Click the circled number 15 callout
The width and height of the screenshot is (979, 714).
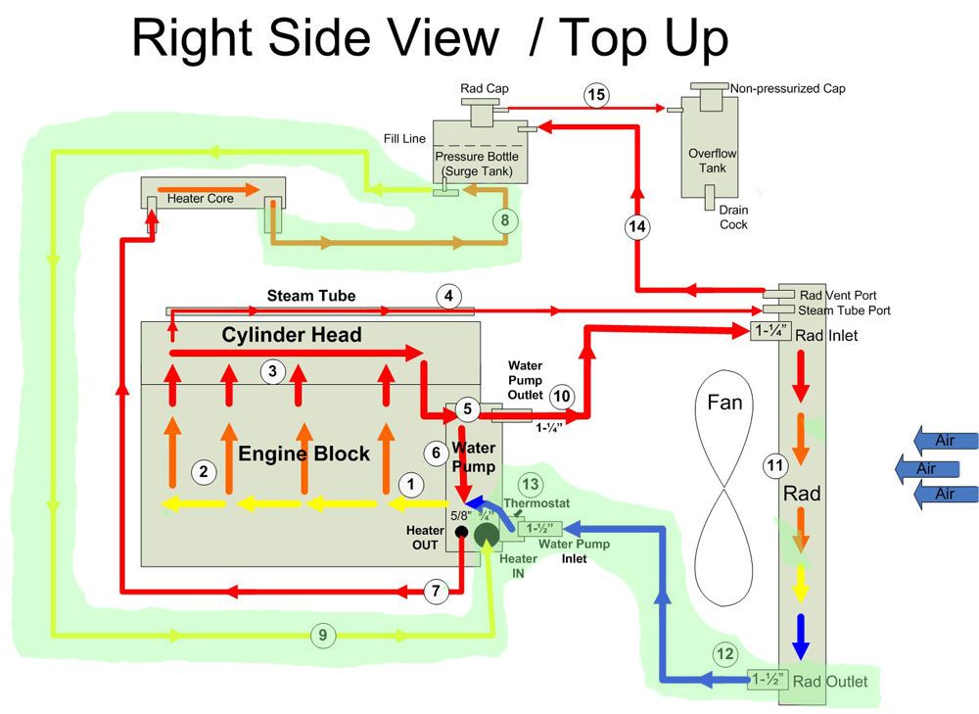tap(596, 95)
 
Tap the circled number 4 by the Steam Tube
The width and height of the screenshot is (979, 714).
tap(448, 296)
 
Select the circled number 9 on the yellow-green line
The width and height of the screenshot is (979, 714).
tap(323, 636)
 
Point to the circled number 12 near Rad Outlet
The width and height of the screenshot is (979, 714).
tap(724, 654)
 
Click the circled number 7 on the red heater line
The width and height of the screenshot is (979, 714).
tap(436, 591)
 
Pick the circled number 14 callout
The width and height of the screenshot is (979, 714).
tap(637, 226)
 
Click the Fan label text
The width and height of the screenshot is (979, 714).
tap(724, 403)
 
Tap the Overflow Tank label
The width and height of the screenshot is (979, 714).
tap(713, 161)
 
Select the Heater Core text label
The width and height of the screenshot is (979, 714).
tap(201, 199)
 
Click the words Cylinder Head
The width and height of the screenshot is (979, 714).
tap(292, 335)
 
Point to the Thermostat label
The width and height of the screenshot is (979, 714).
tap(536, 502)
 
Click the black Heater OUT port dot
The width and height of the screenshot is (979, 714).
tap(461, 532)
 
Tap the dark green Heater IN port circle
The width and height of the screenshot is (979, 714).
tap(487, 535)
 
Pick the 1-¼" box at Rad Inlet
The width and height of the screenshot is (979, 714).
tap(771, 330)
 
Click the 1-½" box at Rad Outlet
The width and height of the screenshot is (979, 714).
tap(768, 679)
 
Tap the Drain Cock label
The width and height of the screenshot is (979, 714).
tap(733, 217)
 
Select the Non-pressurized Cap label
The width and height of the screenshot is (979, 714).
tap(788, 89)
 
